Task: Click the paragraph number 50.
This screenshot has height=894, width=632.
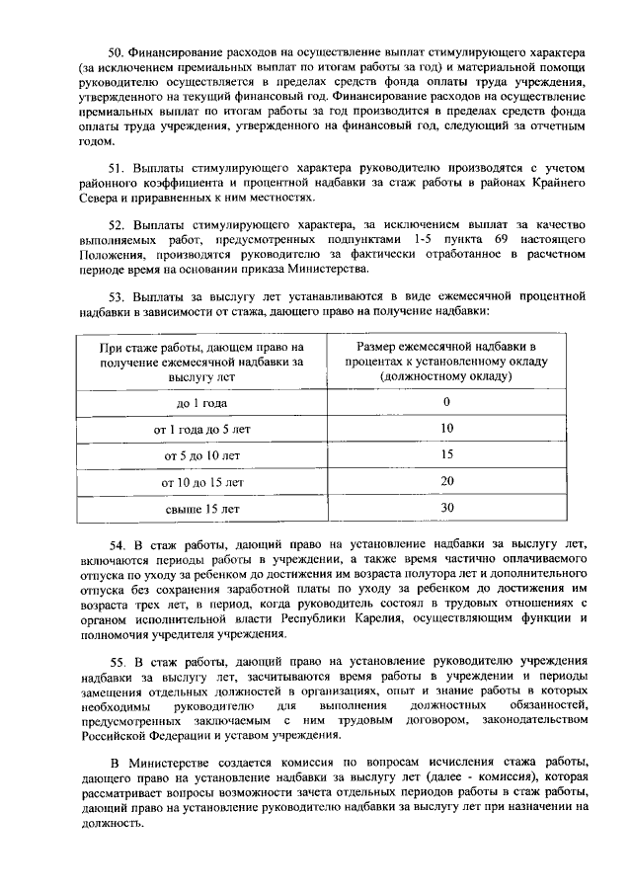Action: click(x=115, y=50)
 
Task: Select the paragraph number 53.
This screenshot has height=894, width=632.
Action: click(x=115, y=295)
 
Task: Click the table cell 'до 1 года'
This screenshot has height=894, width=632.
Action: click(x=202, y=403)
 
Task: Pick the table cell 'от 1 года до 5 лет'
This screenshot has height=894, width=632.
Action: click(x=202, y=430)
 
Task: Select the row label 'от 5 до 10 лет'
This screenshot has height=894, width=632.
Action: click(x=202, y=455)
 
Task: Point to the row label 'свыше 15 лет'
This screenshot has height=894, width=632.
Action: click(x=202, y=509)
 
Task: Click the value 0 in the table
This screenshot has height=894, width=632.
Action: click(x=446, y=402)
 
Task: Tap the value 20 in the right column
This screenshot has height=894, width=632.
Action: click(x=446, y=481)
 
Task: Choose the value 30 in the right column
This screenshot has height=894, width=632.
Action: click(x=446, y=508)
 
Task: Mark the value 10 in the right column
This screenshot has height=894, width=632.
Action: click(x=446, y=429)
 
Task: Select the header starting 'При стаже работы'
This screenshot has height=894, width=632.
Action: click(x=202, y=362)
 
